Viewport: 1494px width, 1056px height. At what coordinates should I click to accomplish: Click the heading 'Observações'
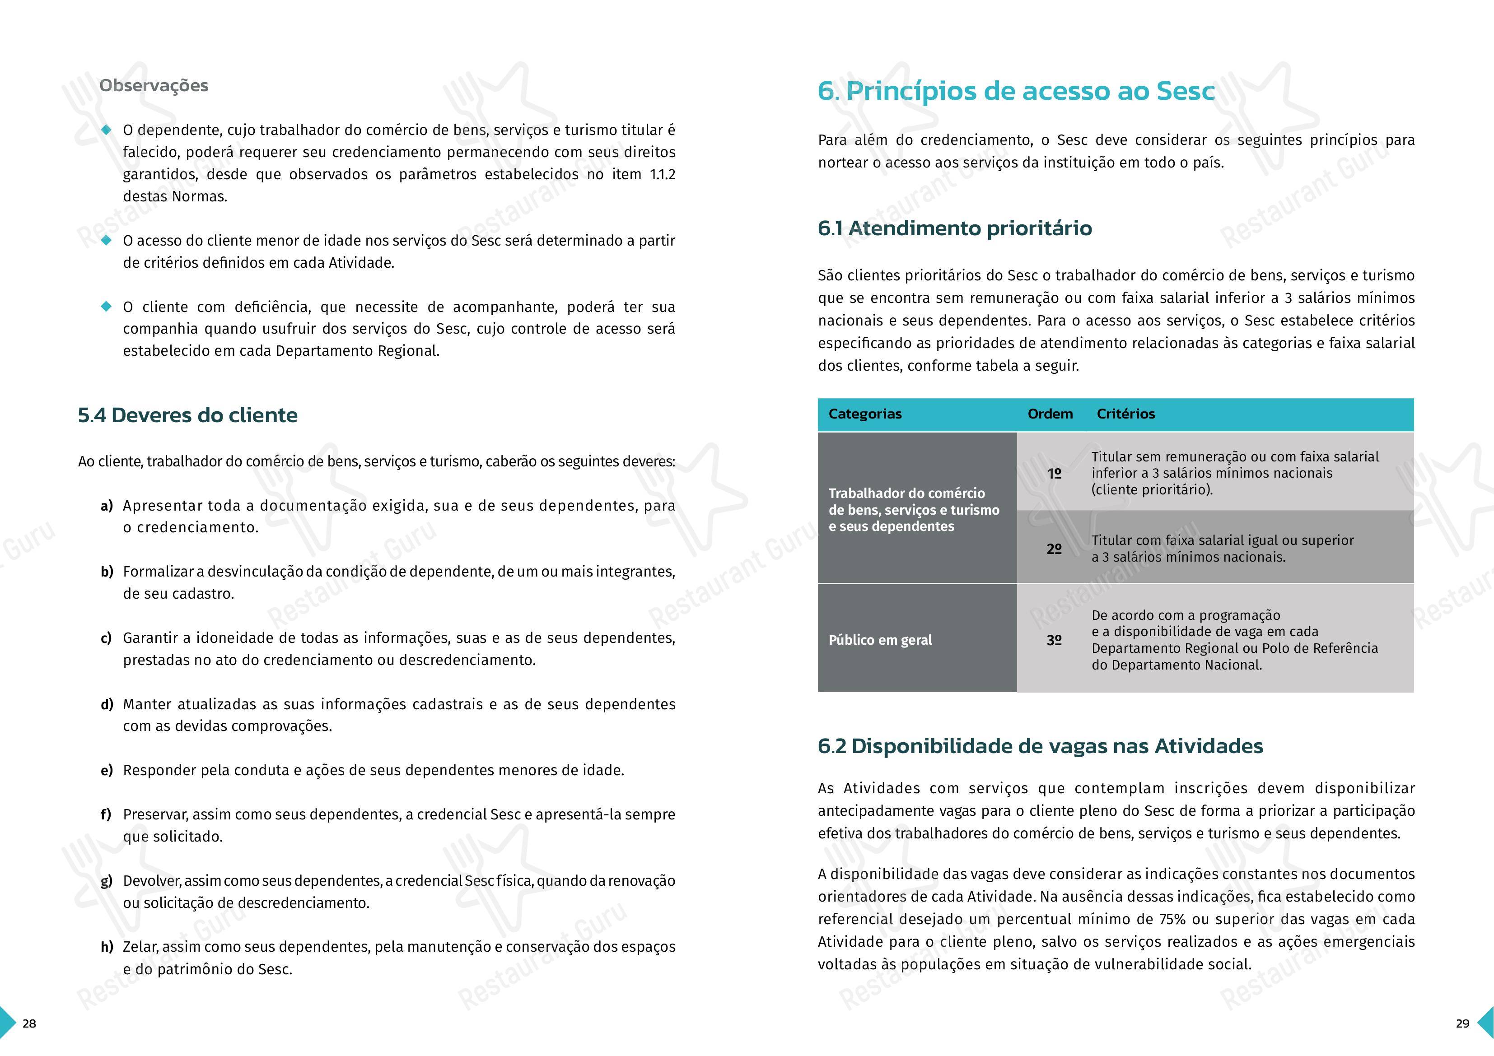point(154,86)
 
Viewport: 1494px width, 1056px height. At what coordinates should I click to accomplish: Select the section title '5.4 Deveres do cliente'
point(187,415)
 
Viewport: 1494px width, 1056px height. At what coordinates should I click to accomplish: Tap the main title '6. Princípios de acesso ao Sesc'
point(1016,91)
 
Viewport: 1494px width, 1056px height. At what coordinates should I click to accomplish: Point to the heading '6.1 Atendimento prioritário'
point(955,228)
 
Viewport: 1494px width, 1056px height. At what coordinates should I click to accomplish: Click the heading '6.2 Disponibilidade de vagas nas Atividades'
point(1040,746)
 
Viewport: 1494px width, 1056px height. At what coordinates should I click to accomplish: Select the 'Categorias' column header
point(865,414)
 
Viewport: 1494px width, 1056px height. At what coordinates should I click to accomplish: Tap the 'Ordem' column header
point(1050,414)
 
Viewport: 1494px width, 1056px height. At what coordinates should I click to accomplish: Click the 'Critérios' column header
point(1126,414)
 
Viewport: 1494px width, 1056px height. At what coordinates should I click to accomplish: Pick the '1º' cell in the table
point(1054,474)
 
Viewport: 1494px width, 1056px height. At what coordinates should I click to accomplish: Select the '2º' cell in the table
point(1054,549)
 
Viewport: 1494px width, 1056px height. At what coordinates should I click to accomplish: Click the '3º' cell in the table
point(1054,640)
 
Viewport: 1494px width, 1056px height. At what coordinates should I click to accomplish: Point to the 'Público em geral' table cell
point(880,640)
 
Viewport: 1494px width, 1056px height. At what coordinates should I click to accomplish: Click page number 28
point(29,1023)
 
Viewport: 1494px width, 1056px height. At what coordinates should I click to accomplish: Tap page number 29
point(1462,1023)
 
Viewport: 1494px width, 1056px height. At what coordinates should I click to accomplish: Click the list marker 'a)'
point(107,506)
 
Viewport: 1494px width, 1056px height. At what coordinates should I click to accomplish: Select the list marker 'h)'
point(107,947)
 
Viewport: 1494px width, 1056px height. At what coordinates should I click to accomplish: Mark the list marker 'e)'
point(107,770)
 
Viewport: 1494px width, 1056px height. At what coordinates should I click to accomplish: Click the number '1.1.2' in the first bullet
point(663,174)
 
